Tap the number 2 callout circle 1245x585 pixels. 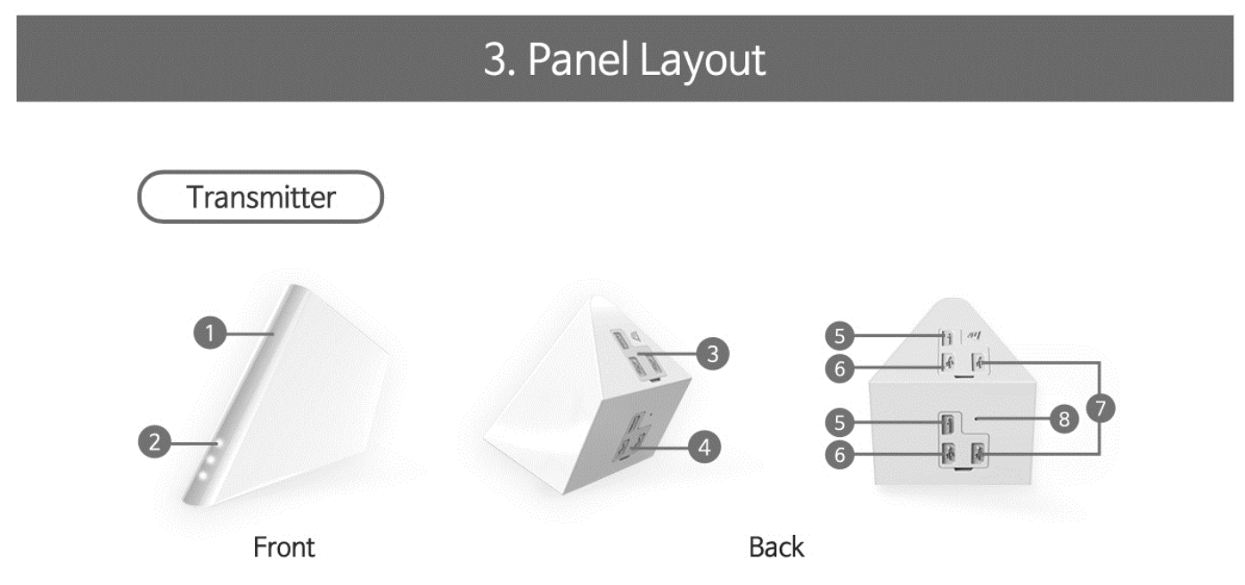[x=155, y=442]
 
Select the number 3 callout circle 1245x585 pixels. [x=712, y=354]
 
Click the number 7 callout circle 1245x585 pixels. [x=1101, y=408]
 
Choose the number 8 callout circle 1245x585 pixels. [x=1062, y=418]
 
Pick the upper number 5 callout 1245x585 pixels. [x=839, y=336]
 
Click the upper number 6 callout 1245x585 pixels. [x=839, y=367]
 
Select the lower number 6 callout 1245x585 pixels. [x=839, y=455]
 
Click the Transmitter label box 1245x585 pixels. [x=260, y=197]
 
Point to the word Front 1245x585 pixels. [x=284, y=547]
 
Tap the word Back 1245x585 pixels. [x=776, y=547]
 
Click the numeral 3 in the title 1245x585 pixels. [x=496, y=61]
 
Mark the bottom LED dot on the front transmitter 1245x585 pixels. [x=203, y=476]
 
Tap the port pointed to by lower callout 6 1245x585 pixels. [x=950, y=454]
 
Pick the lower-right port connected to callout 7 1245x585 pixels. [x=979, y=454]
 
